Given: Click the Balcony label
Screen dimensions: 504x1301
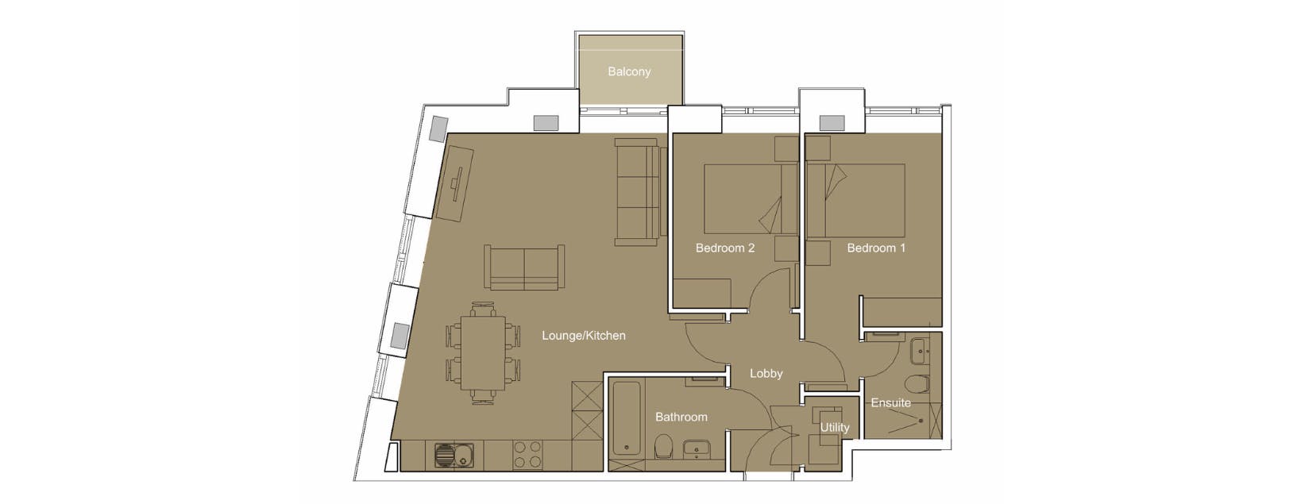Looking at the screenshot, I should [x=629, y=71].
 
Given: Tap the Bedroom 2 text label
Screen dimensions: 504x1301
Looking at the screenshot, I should [x=724, y=248].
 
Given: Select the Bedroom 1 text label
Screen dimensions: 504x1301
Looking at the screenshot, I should [x=875, y=248].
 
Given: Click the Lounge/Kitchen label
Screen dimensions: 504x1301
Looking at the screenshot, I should [x=583, y=336].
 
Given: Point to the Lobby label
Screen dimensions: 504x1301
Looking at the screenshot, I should [x=766, y=373].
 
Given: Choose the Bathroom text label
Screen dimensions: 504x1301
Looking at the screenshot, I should [x=681, y=417].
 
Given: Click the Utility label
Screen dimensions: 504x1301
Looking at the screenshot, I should [x=834, y=427].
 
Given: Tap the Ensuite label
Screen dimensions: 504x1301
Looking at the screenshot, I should [x=890, y=402].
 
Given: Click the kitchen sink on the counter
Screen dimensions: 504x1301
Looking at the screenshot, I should [x=454, y=456].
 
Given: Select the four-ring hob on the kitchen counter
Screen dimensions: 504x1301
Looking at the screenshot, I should [x=527, y=455].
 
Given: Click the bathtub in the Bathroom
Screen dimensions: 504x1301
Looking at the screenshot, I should [x=627, y=418].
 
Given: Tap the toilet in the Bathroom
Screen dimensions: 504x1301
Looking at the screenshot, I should [x=663, y=448].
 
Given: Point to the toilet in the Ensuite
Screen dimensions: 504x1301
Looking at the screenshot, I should [x=919, y=384].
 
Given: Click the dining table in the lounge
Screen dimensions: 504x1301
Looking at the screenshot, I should [x=482, y=353].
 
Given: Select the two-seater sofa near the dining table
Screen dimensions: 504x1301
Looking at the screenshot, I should [x=524, y=267].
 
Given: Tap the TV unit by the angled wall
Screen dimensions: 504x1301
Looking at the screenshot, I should [x=456, y=183].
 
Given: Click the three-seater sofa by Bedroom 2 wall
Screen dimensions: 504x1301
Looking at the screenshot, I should [x=637, y=192].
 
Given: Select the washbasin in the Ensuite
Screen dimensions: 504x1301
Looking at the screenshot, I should [x=921, y=348].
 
